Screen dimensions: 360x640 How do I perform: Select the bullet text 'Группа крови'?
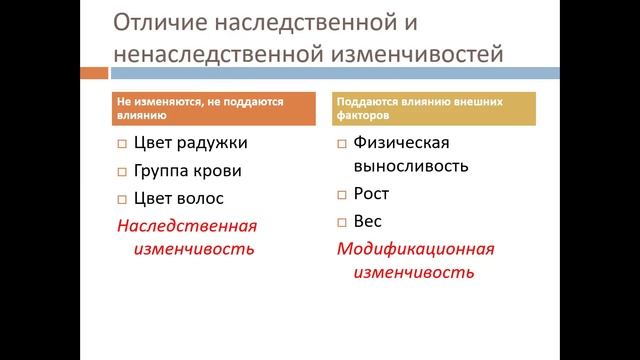187,171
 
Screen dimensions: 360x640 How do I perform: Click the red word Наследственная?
186,225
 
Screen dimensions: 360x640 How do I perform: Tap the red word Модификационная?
415,249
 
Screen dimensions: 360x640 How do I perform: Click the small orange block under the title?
95,72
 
